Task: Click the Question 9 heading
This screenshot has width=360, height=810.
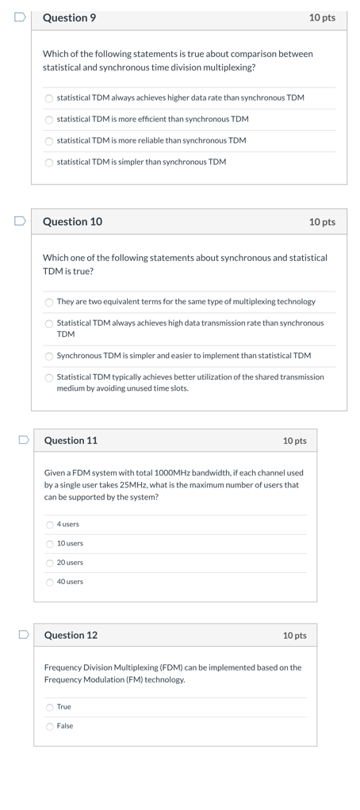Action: coord(69,17)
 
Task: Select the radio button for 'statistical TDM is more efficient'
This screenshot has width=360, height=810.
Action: coord(49,120)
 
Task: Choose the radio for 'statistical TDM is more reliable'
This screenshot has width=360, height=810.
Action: coord(49,141)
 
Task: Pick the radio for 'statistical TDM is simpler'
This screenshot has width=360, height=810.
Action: coord(49,162)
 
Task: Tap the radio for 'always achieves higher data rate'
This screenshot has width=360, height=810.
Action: coord(49,98)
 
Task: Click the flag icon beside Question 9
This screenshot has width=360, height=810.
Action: coord(20,17)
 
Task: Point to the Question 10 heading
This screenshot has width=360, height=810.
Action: coord(72,222)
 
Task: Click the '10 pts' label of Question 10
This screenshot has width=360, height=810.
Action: coord(322,222)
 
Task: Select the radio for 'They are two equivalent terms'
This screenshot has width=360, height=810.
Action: coord(49,302)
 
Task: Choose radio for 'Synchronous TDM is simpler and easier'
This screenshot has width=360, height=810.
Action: coord(49,356)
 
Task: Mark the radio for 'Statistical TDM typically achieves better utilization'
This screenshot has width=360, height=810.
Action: coord(49,377)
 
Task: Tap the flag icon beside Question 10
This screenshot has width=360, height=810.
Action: coord(20,221)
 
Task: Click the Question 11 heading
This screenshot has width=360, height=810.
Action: coord(71,441)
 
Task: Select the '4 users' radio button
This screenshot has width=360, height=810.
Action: coord(50,525)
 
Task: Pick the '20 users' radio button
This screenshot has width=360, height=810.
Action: coord(50,563)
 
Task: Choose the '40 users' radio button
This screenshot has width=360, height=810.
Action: coord(50,582)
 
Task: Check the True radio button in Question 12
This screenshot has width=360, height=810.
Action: coord(50,707)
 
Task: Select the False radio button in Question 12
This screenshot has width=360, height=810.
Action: coord(50,726)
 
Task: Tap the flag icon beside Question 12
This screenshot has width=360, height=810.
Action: coord(25,635)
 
